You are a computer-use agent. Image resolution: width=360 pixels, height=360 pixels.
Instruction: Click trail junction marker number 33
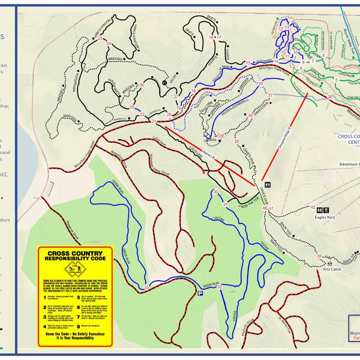pos(146,289)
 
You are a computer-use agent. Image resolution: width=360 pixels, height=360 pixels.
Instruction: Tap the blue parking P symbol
pos(199,293)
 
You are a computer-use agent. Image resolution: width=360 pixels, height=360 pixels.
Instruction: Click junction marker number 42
pos(313,208)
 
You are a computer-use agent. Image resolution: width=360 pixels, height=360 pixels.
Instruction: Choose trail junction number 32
pos(220,287)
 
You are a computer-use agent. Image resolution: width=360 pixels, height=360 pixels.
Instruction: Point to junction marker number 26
pos(142,85)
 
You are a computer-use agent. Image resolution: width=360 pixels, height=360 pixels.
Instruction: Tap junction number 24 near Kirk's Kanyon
pos(109,43)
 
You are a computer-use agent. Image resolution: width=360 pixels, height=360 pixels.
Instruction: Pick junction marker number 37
pos(270,95)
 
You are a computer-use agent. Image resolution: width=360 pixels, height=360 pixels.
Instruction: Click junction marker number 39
pos(236,142)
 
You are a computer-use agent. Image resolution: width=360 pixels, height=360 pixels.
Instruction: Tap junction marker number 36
pos(330,97)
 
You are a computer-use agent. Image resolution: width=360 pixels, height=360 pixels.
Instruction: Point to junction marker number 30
pos(215,192)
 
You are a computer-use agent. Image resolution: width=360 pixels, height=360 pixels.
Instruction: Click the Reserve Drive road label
pos(78,228)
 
